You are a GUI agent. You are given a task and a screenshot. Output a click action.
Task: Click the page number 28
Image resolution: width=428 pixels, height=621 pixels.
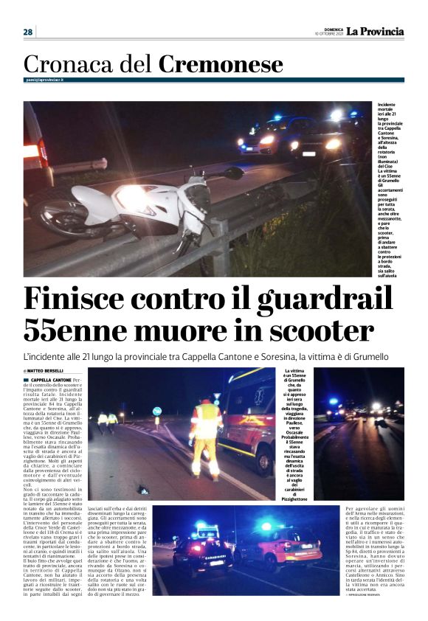28,32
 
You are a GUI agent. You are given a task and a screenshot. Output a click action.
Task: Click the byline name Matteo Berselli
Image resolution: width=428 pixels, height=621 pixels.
46,370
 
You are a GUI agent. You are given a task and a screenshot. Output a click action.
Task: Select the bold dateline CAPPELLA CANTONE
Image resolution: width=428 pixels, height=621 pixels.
51,379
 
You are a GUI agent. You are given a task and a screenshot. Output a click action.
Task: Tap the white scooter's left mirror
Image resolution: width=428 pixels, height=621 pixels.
234,173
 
